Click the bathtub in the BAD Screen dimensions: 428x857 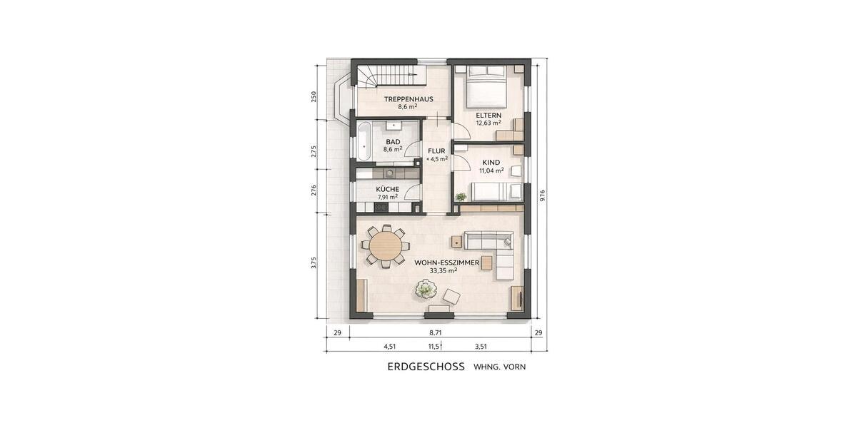tap(363, 141)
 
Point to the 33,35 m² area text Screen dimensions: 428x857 tap(446, 271)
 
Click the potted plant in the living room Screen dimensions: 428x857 tap(426, 289)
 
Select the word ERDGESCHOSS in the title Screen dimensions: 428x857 tap(426, 367)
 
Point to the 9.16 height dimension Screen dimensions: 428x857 tap(543, 195)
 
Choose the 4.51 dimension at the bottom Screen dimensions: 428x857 tap(390, 347)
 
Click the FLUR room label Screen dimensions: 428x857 tap(436, 151)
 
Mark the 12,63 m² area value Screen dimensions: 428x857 tap(488, 123)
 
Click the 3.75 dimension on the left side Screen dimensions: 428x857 tap(314, 263)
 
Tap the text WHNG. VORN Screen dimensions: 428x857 tap(499, 367)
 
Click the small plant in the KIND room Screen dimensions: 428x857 tap(461, 195)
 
